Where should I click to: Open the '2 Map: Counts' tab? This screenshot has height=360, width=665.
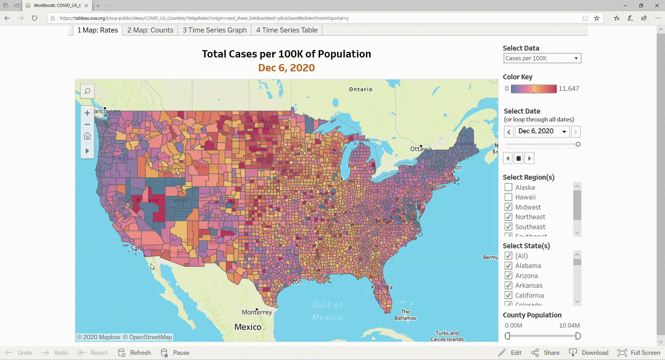(150, 30)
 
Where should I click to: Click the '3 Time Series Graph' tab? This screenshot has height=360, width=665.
(214, 30)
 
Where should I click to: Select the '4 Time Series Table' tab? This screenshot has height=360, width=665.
(286, 30)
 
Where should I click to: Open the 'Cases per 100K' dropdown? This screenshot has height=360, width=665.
(542, 58)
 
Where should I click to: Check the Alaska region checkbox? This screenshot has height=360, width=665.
(508, 187)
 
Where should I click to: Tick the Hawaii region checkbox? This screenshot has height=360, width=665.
(508, 197)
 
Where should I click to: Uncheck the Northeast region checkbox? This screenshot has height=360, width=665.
(508, 217)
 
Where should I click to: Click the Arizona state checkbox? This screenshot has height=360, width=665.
(508, 276)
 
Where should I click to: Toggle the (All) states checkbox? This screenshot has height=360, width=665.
(508, 256)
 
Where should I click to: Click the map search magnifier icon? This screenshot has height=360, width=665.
(87, 91)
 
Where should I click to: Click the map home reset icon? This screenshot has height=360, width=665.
(87, 136)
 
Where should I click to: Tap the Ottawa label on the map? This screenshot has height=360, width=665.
(421, 149)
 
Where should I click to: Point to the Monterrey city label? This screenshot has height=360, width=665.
(257, 312)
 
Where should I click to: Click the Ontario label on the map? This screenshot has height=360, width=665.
(361, 89)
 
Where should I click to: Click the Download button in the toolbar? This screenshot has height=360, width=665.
(589, 352)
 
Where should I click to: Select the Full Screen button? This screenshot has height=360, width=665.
(639, 352)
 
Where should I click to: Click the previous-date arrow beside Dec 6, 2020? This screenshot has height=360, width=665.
(509, 132)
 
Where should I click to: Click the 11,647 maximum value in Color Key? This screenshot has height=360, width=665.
(569, 89)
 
